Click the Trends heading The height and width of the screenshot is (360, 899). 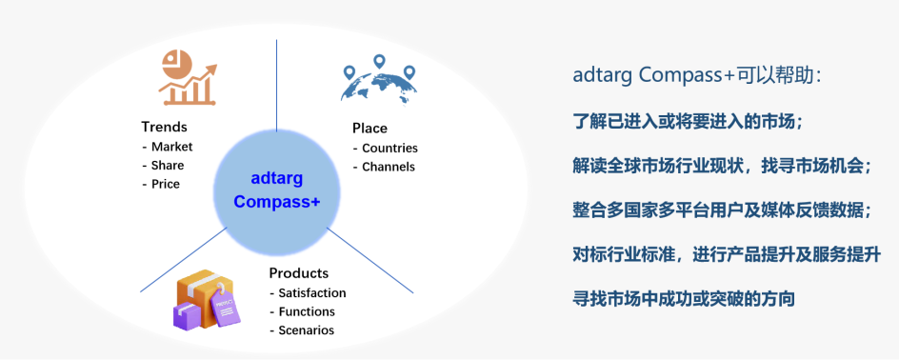tap(164, 127)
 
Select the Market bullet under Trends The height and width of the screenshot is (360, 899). tap(171, 147)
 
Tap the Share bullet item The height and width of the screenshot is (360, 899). tap(168, 165)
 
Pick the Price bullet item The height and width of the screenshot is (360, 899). tap(166, 184)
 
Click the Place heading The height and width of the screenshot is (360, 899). tap(370, 129)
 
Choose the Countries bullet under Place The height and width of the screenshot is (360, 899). tap(390, 148)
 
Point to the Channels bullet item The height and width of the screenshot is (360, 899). tap(389, 167)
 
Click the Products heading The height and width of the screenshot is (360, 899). tap(298, 273)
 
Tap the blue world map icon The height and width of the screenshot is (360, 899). tap(379, 79)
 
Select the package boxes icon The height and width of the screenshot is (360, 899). tap(205, 299)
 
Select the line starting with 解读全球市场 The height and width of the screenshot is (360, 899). tap(723, 166)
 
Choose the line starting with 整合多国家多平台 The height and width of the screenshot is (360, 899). tap(722, 210)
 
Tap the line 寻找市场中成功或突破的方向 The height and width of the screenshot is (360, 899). tap(683, 299)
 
